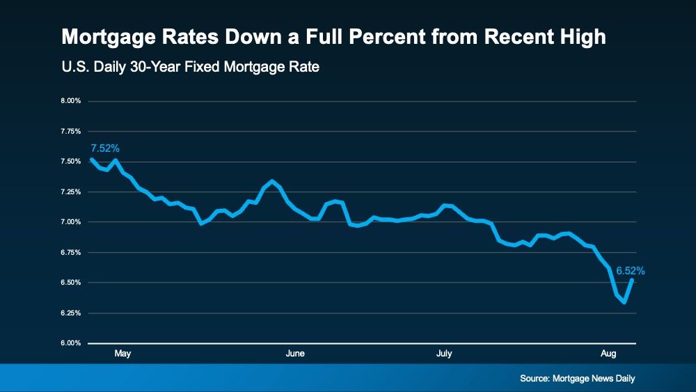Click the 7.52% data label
click(x=105, y=148)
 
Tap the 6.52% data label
click(x=631, y=270)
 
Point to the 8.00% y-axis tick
click(x=72, y=101)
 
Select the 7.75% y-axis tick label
click(x=72, y=131)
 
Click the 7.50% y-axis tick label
click(x=72, y=162)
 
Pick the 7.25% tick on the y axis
click(x=72, y=191)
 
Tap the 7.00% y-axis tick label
click(x=72, y=222)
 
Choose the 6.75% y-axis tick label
click(x=72, y=252)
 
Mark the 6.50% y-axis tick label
click(x=72, y=283)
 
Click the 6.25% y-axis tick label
click(x=72, y=313)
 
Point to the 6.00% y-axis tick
click(x=72, y=343)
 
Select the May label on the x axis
click(x=122, y=354)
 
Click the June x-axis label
click(x=295, y=354)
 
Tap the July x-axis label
click(x=444, y=354)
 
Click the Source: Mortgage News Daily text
click(x=577, y=379)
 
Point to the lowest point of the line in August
click(x=624, y=302)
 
